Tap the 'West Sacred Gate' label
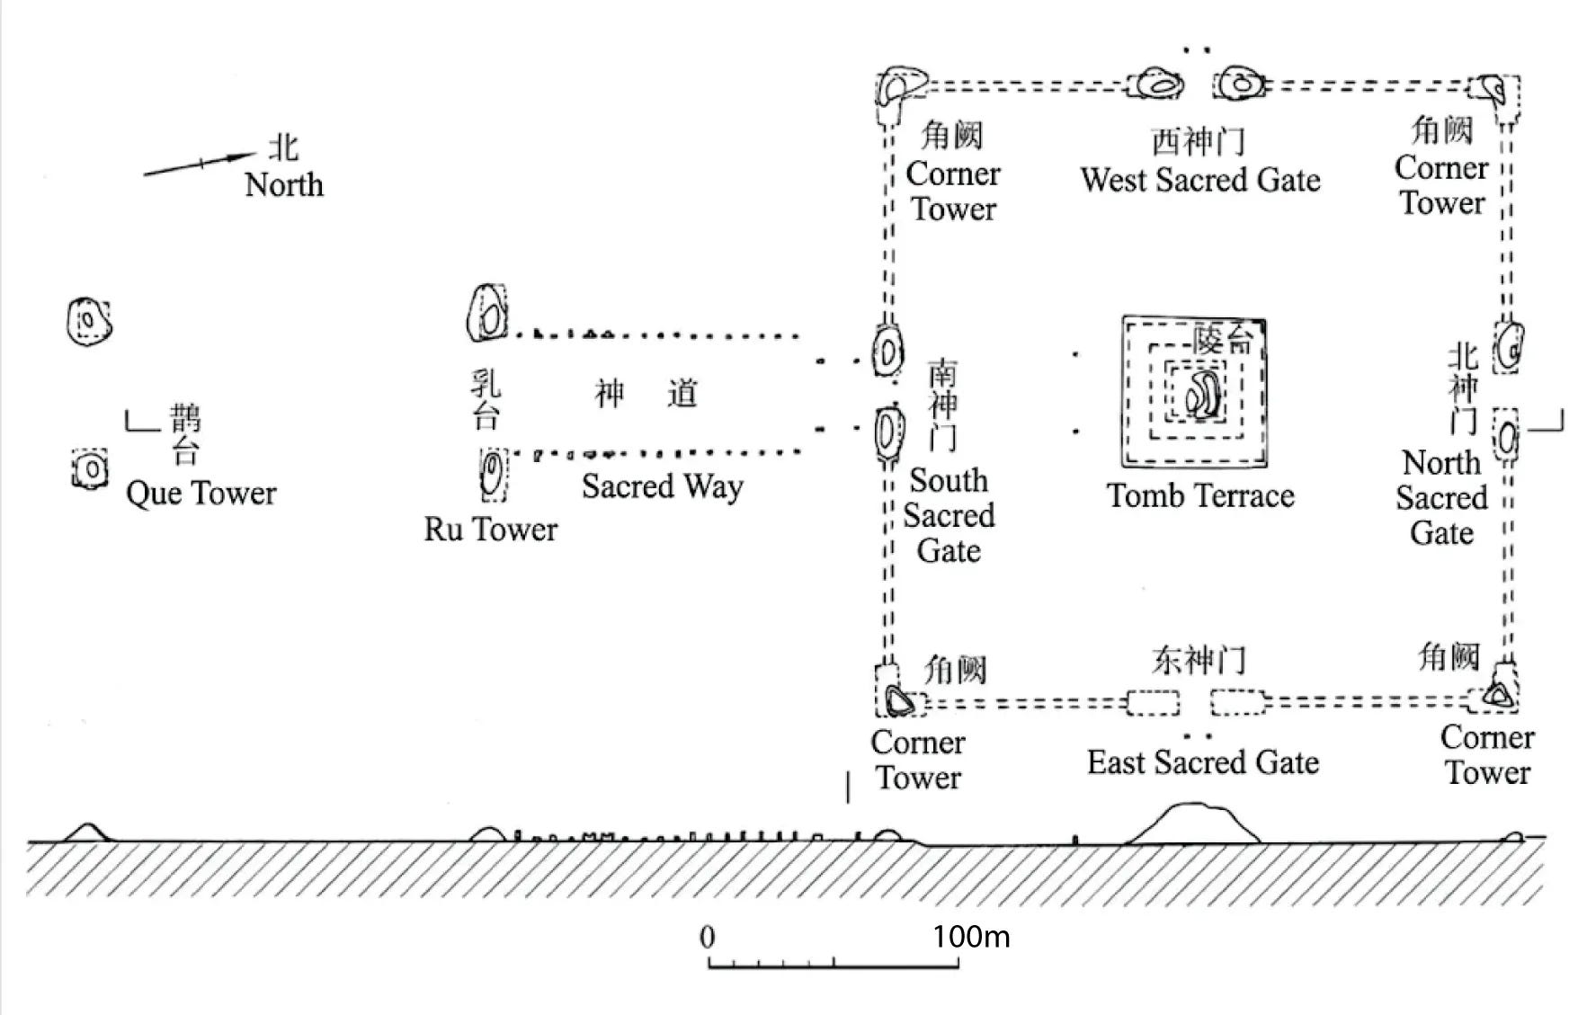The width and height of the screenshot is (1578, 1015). pyautogui.click(x=1200, y=180)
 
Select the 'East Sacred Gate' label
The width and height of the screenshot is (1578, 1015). pyautogui.click(x=1203, y=762)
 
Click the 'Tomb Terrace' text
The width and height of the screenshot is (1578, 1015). pyautogui.click(x=1200, y=495)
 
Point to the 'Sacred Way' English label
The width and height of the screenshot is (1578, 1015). pyautogui.click(x=662, y=486)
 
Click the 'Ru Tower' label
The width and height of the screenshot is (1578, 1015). pyautogui.click(x=490, y=529)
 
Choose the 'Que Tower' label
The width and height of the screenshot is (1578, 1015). pyautogui.click(x=201, y=493)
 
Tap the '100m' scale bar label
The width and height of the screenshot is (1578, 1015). pyautogui.click(x=971, y=937)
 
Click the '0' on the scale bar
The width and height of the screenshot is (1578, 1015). pyautogui.click(x=708, y=937)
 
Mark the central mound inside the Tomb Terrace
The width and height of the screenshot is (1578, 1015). pyautogui.click(x=1202, y=394)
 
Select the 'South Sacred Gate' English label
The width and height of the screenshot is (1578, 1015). pyautogui.click(x=949, y=515)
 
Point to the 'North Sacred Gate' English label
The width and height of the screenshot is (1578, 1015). pyautogui.click(x=1441, y=497)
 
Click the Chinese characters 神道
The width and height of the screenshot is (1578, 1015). pyautogui.click(x=646, y=394)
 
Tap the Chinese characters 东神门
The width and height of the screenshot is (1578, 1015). pyautogui.click(x=1199, y=661)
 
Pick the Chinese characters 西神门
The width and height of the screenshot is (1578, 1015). pyautogui.click(x=1199, y=142)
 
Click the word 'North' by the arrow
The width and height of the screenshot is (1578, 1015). pyautogui.click(x=284, y=184)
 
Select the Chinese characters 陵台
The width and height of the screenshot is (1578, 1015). pyautogui.click(x=1223, y=339)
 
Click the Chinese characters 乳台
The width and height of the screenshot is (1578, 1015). pyautogui.click(x=486, y=399)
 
